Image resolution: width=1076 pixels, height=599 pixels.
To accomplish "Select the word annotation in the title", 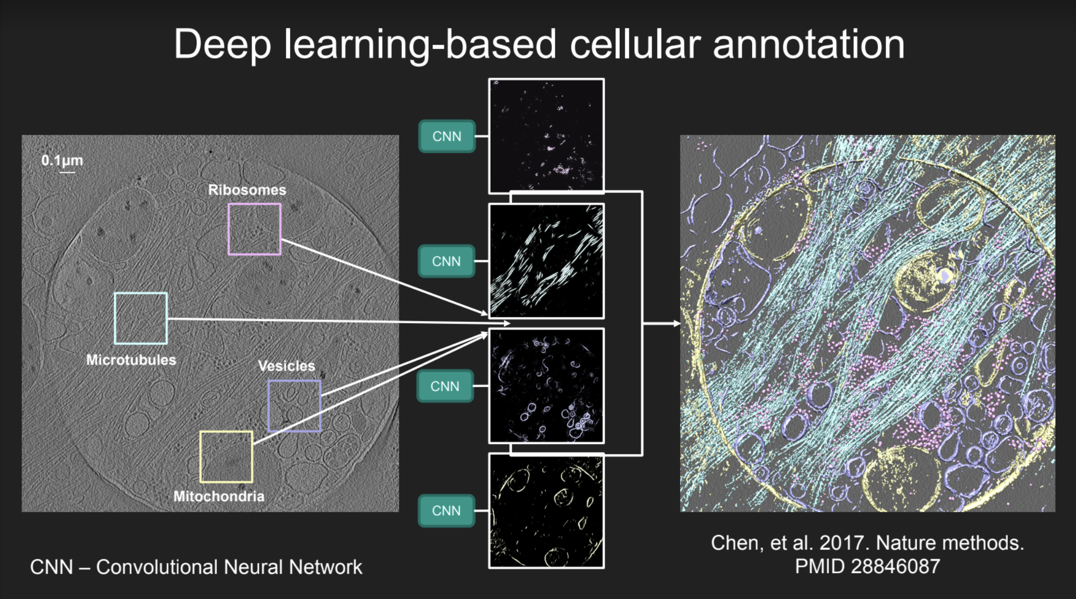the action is pyautogui.click(x=809, y=44).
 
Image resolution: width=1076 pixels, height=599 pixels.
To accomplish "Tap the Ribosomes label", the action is pyautogui.click(x=247, y=190).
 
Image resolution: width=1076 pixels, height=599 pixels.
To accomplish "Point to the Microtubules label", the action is pyautogui.click(x=131, y=360).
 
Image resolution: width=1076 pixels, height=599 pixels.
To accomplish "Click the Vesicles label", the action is pyautogui.click(x=286, y=366).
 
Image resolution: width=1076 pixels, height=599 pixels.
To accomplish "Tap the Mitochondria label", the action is pyautogui.click(x=218, y=496).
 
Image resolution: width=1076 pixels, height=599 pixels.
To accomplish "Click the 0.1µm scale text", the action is pyautogui.click(x=62, y=160).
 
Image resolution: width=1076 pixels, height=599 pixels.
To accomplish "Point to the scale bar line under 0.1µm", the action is pyautogui.click(x=67, y=172).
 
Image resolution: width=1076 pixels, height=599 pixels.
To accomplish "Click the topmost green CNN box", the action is pyautogui.click(x=447, y=136).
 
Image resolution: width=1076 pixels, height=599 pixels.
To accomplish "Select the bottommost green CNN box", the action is pyautogui.click(x=446, y=510).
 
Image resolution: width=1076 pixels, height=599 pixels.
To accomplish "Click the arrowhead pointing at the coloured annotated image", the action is pyautogui.click(x=676, y=324).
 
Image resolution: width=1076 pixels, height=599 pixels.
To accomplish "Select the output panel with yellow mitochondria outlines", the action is pyautogui.click(x=546, y=510).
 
